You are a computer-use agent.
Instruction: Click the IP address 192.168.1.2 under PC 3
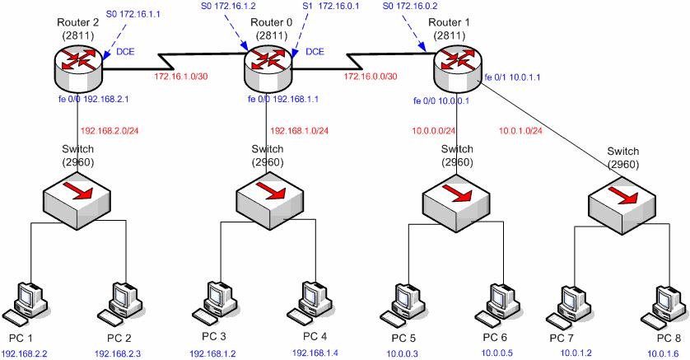tap(213, 353)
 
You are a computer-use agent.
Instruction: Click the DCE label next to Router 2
tap(126, 51)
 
